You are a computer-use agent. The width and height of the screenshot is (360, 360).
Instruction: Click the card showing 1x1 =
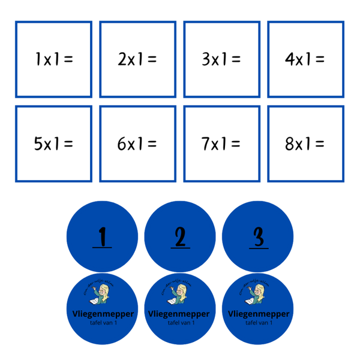pos(53,59)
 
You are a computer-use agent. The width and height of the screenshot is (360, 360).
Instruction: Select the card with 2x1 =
pos(137,59)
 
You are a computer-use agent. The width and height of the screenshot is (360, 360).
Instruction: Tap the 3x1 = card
pos(221,59)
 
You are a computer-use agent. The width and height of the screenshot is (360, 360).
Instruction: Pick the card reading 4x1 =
pos(305,59)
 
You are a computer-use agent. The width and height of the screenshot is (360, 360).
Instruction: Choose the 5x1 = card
pos(53,144)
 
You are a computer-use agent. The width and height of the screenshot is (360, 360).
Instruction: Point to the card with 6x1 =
pos(137,144)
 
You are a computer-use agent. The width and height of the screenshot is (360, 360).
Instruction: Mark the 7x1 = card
pos(221,144)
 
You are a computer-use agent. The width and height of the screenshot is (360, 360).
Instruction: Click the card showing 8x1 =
pos(305,144)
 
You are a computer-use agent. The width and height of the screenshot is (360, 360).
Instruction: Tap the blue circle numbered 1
pos(102,237)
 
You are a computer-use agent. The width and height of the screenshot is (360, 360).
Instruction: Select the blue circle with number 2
pos(180,237)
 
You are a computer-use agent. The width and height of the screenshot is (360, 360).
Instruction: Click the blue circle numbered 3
pos(258,237)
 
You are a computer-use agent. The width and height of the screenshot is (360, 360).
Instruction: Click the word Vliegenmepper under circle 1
pos(102,314)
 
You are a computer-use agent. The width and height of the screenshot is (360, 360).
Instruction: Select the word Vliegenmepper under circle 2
pos(180,314)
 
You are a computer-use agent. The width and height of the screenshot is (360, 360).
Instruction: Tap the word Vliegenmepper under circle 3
pos(258,314)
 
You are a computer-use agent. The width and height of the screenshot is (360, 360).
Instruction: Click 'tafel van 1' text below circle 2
pos(180,322)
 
